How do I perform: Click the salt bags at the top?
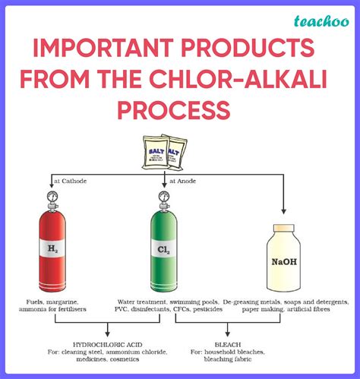coord(164,153)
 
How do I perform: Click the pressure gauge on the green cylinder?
coord(165,197)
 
